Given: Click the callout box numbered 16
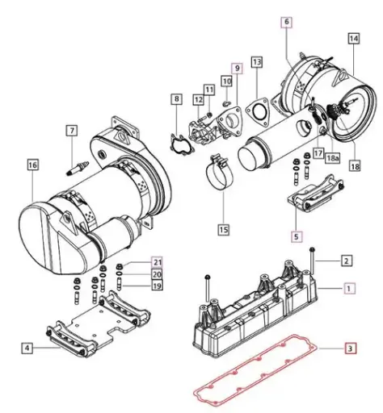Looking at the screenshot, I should (x=32, y=165).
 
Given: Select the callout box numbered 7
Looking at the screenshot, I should (x=71, y=131).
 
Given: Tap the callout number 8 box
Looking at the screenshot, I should (x=176, y=99).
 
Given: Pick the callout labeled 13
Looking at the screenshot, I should (x=256, y=61).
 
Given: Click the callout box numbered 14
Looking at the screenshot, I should (x=354, y=39).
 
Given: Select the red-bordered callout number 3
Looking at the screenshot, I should (x=350, y=349).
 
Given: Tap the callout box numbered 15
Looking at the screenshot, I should (x=222, y=229).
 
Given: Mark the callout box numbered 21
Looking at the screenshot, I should (x=157, y=262).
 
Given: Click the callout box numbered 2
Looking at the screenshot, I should (x=345, y=261).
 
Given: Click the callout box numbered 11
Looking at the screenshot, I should (x=208, y=89).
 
